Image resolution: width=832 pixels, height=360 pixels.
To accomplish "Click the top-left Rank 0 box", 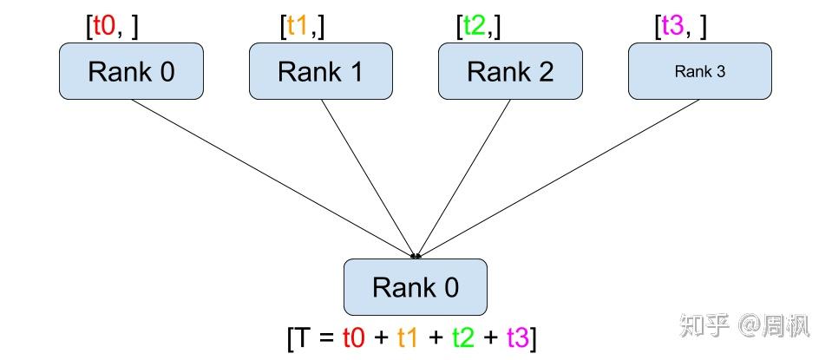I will coord(130,71).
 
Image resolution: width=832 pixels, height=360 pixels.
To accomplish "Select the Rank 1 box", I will coord(320,71).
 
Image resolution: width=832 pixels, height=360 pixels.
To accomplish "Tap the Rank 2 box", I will coord(509,71).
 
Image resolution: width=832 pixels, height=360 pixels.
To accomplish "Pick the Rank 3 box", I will coord(699,71).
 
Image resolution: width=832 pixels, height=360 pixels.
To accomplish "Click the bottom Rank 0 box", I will coord(416,287).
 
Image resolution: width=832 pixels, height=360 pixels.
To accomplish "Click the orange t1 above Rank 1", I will coord(298,27).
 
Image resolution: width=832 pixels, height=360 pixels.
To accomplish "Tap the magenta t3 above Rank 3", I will coord(673,27).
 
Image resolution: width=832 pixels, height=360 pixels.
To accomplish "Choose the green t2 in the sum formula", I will coord(462,337).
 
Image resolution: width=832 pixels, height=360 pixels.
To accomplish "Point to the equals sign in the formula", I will coord(325,337).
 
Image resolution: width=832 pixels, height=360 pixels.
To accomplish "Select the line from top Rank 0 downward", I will coord(272,178).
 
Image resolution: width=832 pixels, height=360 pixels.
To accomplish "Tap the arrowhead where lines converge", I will coord(416,256).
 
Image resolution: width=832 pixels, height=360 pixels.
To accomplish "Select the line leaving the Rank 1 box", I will coord(368,178).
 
